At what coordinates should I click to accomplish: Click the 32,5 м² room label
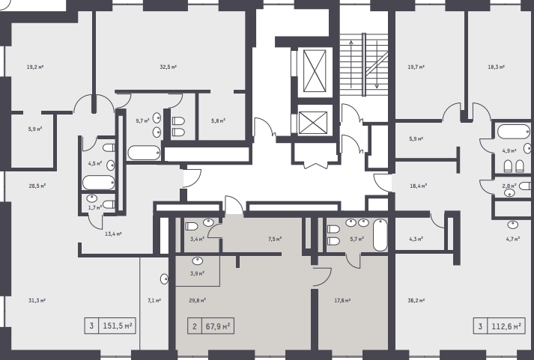(x=169, y=67)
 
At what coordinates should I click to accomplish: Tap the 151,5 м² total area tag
(x=110, y=326)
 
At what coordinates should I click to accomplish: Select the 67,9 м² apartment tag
(x=210, y=326)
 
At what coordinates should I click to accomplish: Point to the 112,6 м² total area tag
(x=499, y=326)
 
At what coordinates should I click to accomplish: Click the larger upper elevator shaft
(x=315, y=71)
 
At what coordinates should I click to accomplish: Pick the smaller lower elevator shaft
(x=312, y=123)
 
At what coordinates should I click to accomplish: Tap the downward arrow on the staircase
(x=377, y=64)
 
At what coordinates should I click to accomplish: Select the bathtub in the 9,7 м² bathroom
(x=144, y=153)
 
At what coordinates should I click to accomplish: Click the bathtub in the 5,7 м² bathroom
(x=380, y=235)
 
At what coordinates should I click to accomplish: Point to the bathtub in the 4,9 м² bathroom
(x=514, y=132)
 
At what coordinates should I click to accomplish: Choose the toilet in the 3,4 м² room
(x=191, y=227)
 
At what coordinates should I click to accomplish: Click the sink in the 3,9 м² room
(x=198, y=261)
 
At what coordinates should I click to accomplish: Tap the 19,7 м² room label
(x=416, y=67)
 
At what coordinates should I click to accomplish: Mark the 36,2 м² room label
(x=416, y=300)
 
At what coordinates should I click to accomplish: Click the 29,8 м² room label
(x=198, y=300)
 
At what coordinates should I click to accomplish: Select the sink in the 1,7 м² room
(x=92, y=198)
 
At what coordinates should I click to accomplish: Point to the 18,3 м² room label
(x=497, y=67)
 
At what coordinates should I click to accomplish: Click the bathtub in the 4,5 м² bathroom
(x=98, y=183)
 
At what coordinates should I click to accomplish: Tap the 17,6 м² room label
(x=342, y=300)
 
